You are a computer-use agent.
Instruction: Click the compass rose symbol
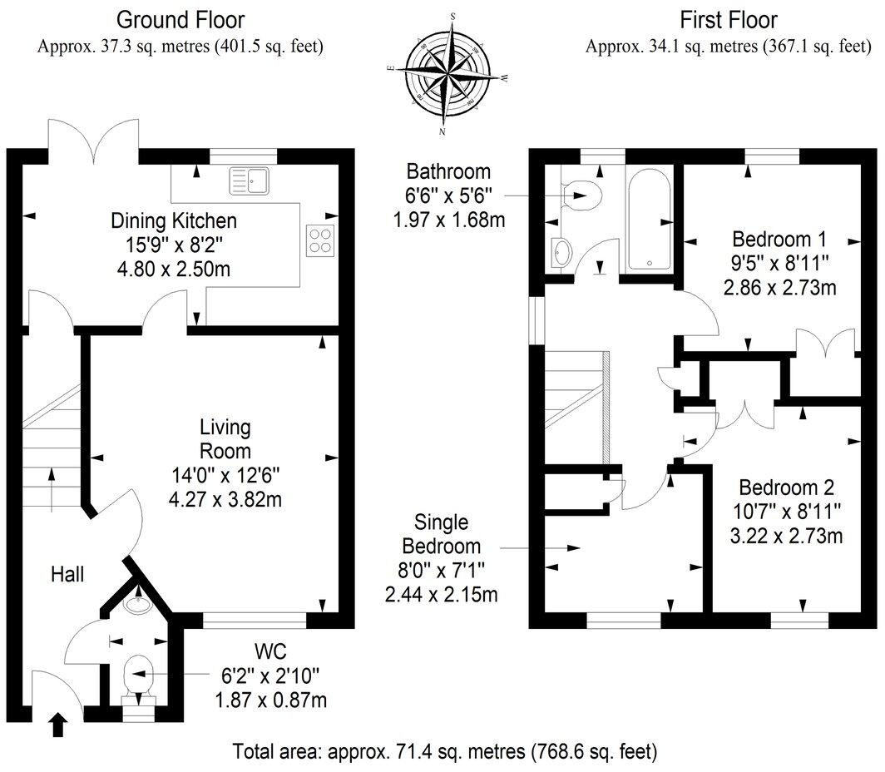(447, 73)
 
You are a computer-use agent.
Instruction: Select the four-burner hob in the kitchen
(319, 240)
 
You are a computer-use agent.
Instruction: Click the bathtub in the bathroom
(650, 221)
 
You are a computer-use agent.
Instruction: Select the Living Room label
(225, 439)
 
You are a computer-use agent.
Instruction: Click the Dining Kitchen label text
(174, 221)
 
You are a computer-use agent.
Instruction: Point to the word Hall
(67, 573)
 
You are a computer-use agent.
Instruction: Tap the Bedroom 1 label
(779, 240)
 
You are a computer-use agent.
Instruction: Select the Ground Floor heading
(180, 18)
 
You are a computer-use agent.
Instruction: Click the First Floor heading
(728, 18)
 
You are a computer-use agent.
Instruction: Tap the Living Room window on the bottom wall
(255, 620)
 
